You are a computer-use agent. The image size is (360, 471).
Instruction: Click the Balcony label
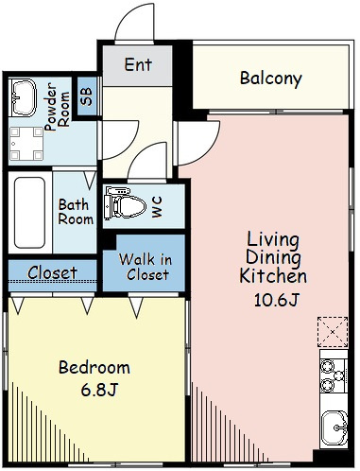[x=271, y=78]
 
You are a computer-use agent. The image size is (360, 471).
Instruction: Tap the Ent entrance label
[x=138, y=64]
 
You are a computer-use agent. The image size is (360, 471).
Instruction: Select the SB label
[x=86, y=96]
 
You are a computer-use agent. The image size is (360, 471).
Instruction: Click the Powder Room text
[x=57, y=107]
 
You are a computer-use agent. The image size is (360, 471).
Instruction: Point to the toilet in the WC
[x=126, y=202]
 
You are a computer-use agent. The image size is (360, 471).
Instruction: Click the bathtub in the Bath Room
[x=29, y=213]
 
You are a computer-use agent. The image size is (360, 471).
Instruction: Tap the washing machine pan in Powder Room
[x=26, y=144]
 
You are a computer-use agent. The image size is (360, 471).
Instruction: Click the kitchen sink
[x=334, y=427]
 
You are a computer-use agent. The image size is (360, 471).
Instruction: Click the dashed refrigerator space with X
[x=333, y=332]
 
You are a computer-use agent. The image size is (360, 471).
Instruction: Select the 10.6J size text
[x=276, y=300]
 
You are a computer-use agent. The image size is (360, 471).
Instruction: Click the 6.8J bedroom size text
[x=99, y=391]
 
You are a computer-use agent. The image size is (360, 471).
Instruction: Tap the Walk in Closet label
[x=146, y=267]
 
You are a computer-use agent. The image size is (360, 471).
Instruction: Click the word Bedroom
[x=94, y=368]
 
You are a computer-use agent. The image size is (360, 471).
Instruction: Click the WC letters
[x=157, y=207]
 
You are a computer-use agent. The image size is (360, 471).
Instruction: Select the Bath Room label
[x=76, y=212]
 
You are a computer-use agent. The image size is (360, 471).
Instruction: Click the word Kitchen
[x=273, y=276]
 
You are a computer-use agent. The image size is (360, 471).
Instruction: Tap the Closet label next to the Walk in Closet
[x=52, y=272]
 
